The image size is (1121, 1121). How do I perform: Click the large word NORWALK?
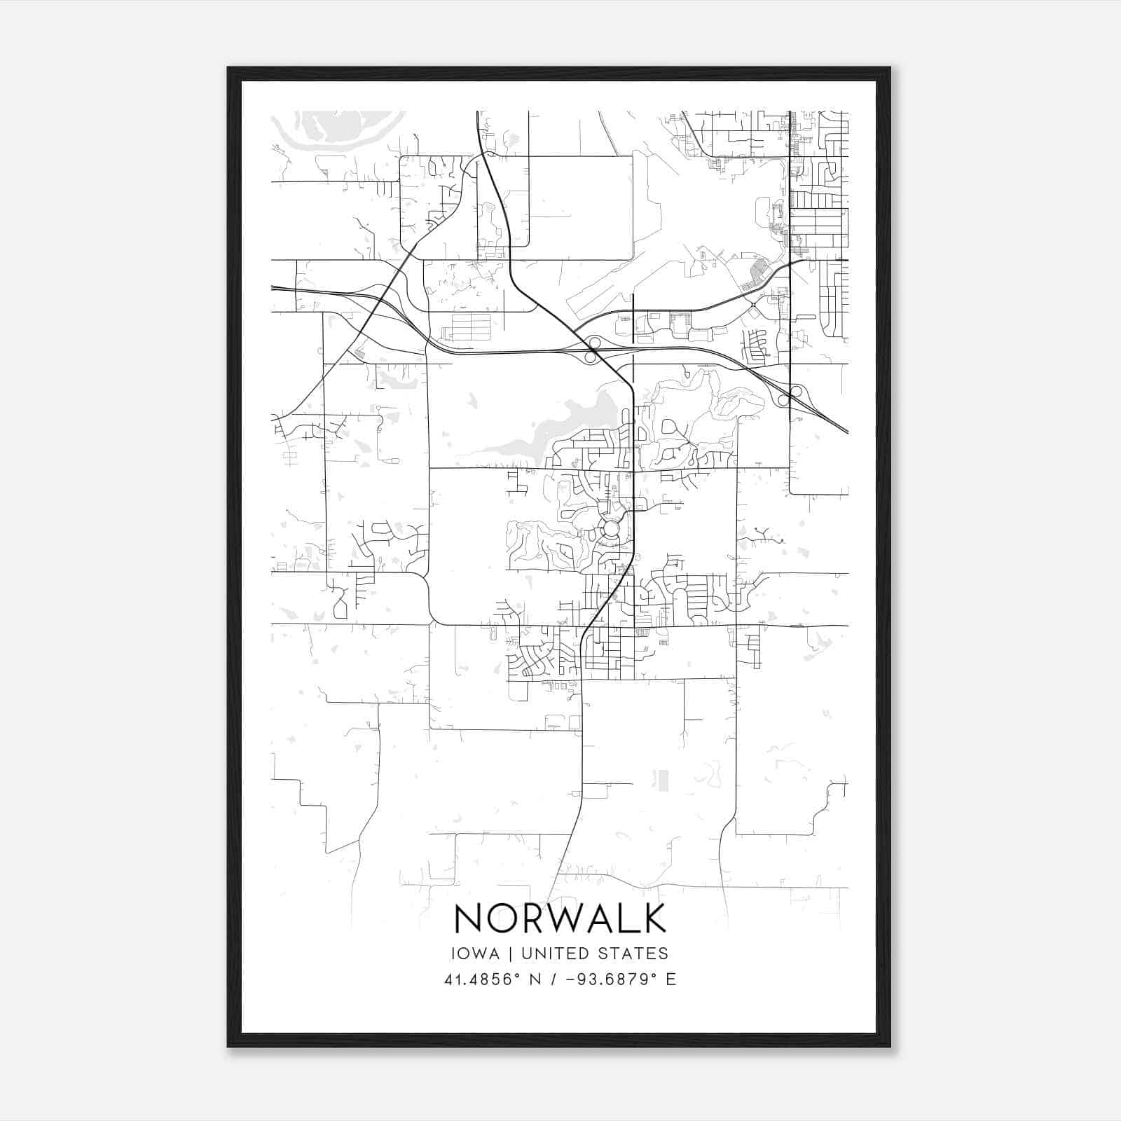tap(560, 918)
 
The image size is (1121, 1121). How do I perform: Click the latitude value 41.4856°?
tap(483, 979)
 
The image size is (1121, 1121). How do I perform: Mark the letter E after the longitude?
tap(671, 979)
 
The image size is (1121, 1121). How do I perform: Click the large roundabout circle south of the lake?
tap(611, 528)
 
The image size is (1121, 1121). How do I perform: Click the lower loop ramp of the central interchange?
tap(590, 357)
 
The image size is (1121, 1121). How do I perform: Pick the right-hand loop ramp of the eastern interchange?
tap(796, 391)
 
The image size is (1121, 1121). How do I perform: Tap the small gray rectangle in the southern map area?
tap(662, 780)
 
